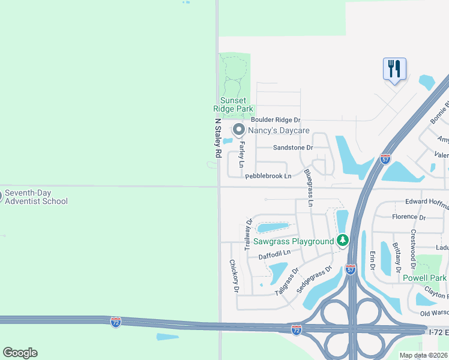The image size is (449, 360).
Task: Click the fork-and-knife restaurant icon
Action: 394,68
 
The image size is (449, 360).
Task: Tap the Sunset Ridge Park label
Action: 234,104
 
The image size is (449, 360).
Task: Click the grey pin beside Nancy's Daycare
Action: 238,130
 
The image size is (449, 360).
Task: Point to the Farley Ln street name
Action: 242,155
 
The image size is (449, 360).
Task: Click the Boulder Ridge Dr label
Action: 276,121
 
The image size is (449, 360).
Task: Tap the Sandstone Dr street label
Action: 293,148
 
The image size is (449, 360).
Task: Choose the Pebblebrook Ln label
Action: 268,176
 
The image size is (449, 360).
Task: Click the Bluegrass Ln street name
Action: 309,188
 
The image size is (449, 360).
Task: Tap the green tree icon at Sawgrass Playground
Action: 343,241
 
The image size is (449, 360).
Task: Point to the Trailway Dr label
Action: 249,235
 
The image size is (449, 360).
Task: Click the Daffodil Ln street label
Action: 274,254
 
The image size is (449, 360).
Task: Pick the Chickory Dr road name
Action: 234,276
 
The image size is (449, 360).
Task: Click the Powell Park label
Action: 424,278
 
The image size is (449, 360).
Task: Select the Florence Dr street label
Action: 408,217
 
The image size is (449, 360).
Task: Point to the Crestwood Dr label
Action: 413,248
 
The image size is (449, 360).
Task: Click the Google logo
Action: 20,353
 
